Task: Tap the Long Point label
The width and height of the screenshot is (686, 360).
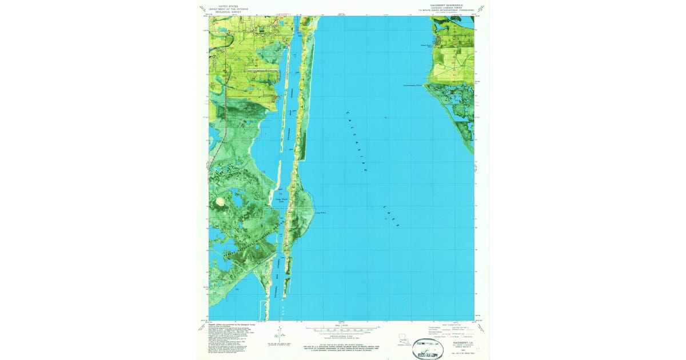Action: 320,214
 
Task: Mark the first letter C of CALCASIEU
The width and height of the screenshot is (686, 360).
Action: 346,114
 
